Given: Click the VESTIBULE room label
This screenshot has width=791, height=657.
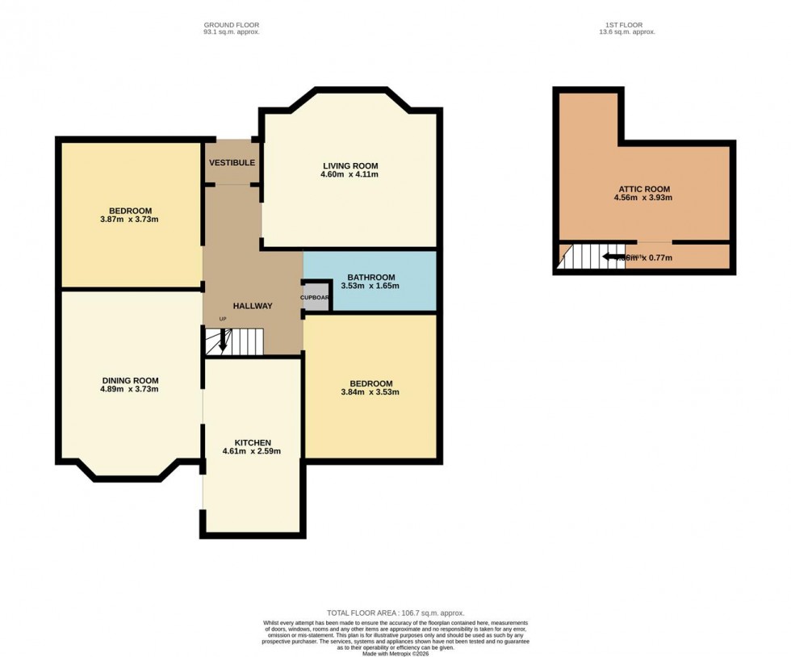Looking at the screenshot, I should [232, 163].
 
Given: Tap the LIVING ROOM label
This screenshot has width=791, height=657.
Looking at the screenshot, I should [350, 165].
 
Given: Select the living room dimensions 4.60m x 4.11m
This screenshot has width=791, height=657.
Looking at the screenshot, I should [350, 174].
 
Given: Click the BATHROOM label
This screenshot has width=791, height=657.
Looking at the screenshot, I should [370, 278].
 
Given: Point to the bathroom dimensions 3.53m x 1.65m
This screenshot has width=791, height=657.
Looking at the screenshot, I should [370, 286].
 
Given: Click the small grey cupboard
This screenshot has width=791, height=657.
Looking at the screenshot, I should [316, 297].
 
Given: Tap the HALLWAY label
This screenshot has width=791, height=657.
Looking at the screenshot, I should [253, 306].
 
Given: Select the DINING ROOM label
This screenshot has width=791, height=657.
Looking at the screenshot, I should [130, 381].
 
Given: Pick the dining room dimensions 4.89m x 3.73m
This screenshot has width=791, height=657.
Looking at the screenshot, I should [130, 390].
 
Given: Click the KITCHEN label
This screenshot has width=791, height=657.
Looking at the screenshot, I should [253, 442].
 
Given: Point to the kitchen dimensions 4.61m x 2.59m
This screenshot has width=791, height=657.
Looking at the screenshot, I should [253, 451].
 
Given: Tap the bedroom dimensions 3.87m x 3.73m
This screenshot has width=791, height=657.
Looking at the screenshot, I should [131, 220].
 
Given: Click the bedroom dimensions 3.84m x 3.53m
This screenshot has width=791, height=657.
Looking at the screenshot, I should [370, 392].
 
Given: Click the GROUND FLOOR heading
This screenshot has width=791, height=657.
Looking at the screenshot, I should [231, 24].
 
